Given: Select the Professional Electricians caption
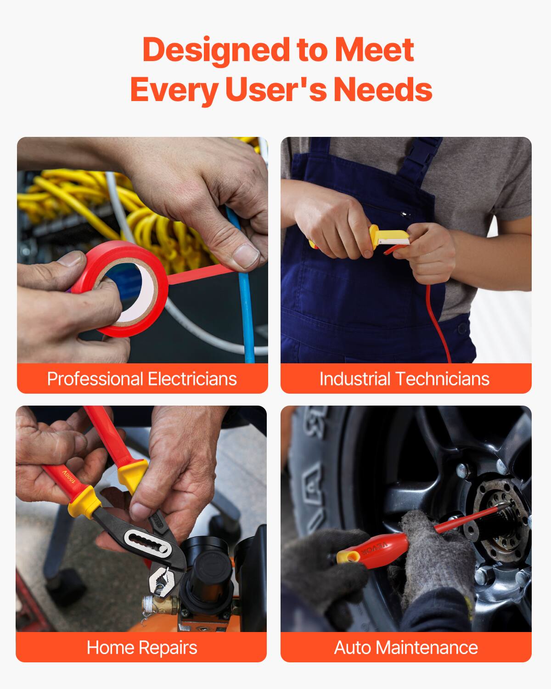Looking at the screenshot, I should (x=142, y=378).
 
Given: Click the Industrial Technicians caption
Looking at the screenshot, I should (x=405, y=378).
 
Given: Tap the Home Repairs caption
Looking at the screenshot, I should (x=142, y=647).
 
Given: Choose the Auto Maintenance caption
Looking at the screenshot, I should (x=406, y=647).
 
